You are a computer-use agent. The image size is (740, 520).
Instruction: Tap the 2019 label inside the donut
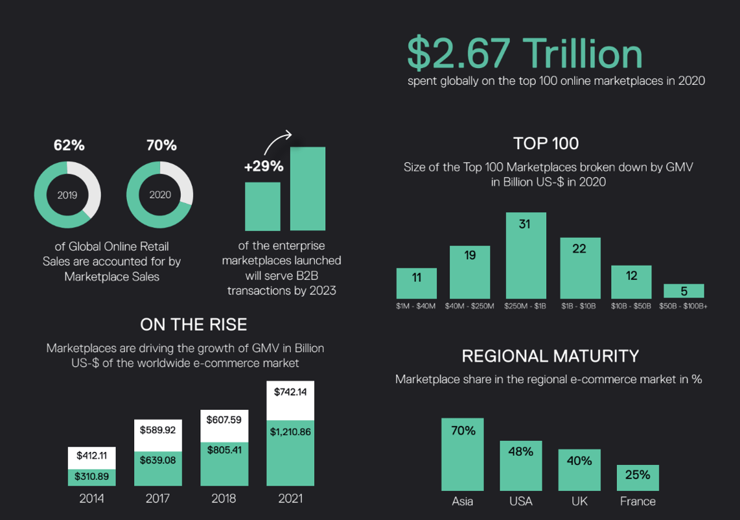(67, 195)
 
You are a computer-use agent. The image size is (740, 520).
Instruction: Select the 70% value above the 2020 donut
(161, 145)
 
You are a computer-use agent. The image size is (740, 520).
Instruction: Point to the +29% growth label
(264, 167)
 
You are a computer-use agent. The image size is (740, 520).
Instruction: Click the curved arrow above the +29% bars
(279, 141)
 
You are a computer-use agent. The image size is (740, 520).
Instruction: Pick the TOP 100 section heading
(546, 143)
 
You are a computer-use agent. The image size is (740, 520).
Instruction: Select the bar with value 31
(525, 255)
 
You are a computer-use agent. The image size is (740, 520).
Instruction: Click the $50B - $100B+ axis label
(683, 305)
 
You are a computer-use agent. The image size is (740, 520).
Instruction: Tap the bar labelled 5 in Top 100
(684, 291)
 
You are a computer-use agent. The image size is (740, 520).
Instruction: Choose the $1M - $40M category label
(416, 305)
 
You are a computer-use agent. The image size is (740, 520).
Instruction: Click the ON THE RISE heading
(194, 324)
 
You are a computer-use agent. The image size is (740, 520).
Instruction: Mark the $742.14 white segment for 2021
(290, 400)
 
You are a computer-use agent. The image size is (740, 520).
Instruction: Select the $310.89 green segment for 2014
(91, 477)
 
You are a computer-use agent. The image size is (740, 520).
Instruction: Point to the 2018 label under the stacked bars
(224, 499)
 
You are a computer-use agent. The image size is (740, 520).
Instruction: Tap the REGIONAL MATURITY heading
(550, 356)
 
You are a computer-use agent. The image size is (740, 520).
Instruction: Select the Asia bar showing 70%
(463, 454)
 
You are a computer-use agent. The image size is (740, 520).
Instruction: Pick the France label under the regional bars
(638, 501)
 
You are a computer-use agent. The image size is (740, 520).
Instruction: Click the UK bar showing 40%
(579, 469)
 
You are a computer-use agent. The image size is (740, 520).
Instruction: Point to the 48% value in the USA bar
(520, 451)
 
